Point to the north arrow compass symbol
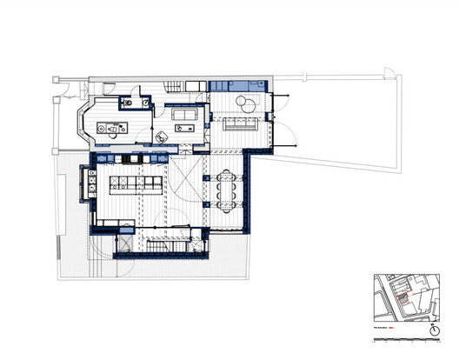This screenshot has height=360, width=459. pos(435,331)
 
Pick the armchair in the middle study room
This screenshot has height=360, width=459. pos(163,137)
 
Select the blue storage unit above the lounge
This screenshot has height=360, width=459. pos(235,85)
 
